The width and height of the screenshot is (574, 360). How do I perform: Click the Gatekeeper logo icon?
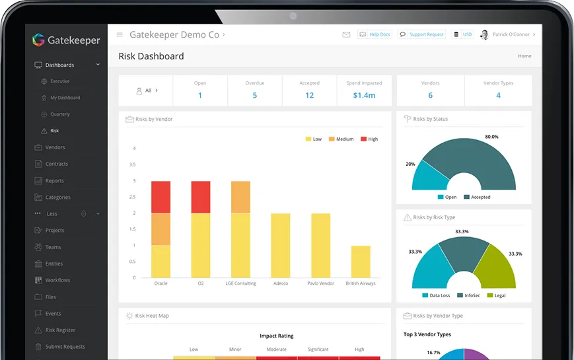coord(38,40)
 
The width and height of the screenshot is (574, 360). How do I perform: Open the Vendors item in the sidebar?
coord(55,147)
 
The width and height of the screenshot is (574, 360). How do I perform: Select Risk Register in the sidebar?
coord(60,330)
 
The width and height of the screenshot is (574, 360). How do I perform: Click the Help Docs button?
coord(375,34)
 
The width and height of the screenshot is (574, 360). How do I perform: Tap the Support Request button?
coord(421,34)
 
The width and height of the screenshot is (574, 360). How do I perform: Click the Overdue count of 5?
coord(254,95)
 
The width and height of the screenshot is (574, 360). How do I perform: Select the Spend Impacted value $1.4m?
coord(364,95)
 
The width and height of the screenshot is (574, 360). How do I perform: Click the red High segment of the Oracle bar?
coord(161,197)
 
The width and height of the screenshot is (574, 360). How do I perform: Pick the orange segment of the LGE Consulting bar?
coord(240,197)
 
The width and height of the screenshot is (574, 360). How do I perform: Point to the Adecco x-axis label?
coord(281,283)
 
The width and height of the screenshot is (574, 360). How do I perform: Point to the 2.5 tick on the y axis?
coord(133,197)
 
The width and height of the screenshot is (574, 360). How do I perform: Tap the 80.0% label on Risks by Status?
coord(491,137)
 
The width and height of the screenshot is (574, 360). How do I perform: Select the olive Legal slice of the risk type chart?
coord(496,267)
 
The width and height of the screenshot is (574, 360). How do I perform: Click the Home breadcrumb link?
coord(524,56)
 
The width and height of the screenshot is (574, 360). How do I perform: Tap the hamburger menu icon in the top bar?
coord(120,34)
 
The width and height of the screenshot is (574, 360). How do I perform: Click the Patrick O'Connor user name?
coord(511,34)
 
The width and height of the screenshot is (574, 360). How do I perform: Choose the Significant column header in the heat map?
coord(318,349)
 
